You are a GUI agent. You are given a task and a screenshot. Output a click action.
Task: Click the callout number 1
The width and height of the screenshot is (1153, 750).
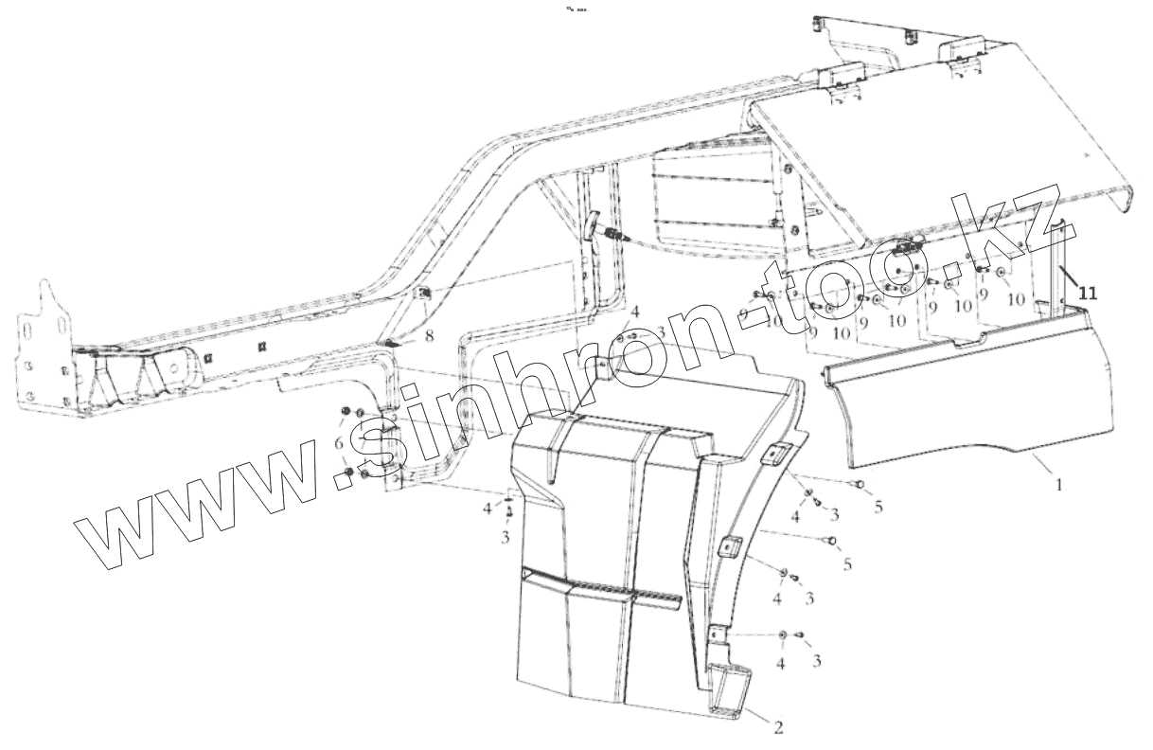tap(1058, 485)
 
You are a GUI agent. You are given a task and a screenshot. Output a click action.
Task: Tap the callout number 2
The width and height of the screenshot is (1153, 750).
tap(778, 727)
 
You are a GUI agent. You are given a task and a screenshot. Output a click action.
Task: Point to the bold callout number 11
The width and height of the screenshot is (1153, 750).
tap(1088, 294)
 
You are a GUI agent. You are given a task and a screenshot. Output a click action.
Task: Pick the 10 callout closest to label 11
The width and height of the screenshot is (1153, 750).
tap(1016, 300)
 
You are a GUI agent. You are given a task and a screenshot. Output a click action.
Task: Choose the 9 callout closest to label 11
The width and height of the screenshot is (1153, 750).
tap(983, 295)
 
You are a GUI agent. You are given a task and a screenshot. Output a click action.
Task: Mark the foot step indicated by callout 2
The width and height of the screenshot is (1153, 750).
tap(729, 689)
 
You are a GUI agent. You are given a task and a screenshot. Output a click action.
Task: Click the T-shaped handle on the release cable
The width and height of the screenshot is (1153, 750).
tap(594, 223)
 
